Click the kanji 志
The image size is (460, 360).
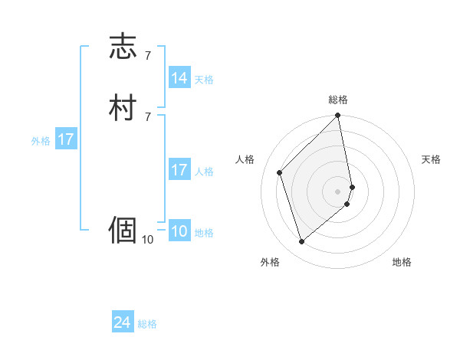[123, 47]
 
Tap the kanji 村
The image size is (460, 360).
[123, 107]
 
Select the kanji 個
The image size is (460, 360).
[123, 229]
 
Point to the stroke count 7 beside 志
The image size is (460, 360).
[147, 56]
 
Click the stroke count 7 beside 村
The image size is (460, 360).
[147, 116]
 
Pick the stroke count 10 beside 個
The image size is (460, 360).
[148, 240]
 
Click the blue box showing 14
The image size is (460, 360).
[179, 78]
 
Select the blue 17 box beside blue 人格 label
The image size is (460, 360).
[179, 170]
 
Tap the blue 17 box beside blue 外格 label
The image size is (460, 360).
[66, 139]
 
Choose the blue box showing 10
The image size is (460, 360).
[179, 232]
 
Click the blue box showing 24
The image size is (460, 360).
[123, 323]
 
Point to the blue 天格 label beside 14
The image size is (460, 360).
[204, 80]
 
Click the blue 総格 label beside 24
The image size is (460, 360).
[147, 325]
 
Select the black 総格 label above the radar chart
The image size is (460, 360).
[338, 100]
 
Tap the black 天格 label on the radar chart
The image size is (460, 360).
[431, 159]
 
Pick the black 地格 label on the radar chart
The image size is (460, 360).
[402, 262]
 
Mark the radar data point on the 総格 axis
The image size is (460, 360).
[338, 116]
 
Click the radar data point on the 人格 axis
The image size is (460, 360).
[280, 172]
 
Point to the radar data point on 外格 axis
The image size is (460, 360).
[301, 242]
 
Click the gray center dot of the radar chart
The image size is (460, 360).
[338, 191]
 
